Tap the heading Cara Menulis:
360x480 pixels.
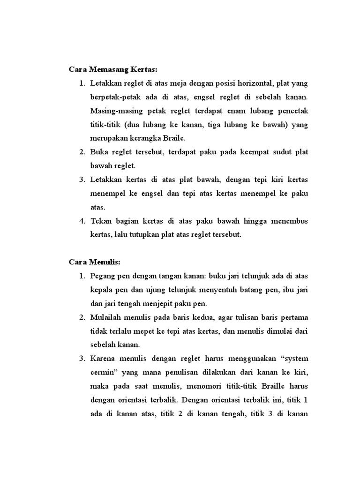click(94, 262)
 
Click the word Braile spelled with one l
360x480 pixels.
click(175, 138)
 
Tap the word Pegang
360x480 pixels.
click(102, 276)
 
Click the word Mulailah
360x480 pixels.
click(105, 317)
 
